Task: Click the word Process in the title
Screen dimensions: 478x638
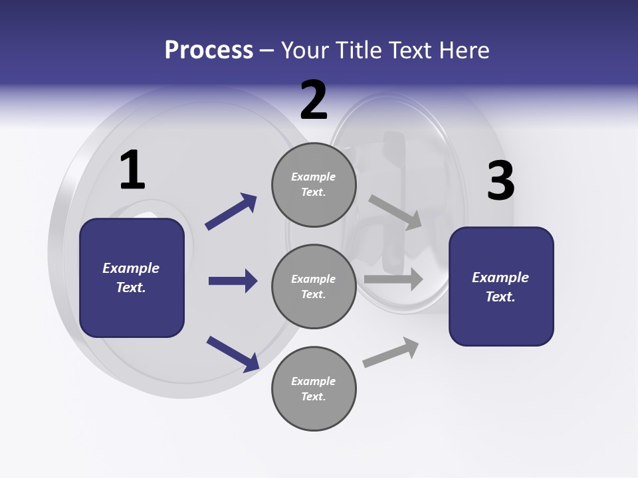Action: (209, 50)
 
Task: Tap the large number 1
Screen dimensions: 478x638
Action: (132, 170)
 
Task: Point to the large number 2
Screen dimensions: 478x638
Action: (314, 100)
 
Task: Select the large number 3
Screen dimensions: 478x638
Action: (500, 181)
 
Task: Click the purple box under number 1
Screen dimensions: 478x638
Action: (132, 278)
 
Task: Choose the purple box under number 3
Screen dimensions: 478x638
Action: (501, 287)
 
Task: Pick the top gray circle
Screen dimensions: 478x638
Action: (314, 185)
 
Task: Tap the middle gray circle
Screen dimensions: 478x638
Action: (314, 287)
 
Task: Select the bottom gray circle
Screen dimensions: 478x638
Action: (314, 389)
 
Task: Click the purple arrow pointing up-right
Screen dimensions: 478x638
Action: (231, 212)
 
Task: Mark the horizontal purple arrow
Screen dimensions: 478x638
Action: (233, 281)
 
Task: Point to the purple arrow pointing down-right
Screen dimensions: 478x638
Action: (233, 354)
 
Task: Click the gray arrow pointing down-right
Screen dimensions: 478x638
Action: (395, 212)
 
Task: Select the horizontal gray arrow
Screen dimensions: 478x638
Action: (393, 279)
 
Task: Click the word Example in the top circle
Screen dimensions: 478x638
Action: (314, 177)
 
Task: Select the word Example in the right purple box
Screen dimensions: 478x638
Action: (500, 278)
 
